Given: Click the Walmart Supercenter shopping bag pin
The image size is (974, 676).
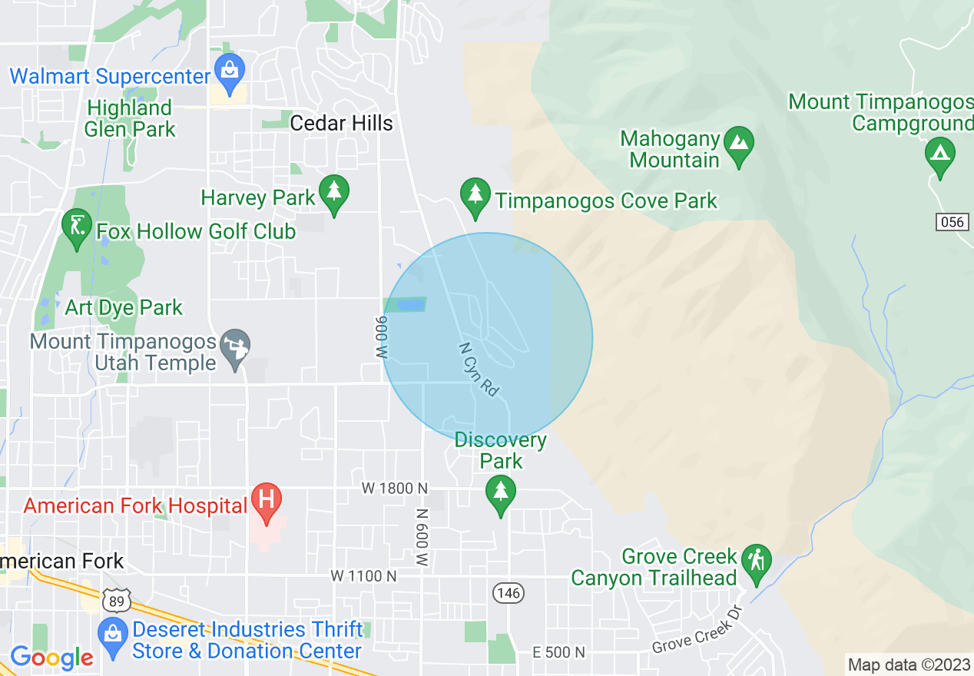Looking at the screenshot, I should coord(229,70).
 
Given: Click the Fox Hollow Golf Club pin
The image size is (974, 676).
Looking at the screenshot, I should coord(76,226).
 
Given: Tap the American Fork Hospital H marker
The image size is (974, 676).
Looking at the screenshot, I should coord(267,500).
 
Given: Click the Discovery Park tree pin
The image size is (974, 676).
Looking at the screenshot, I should coord(501,492).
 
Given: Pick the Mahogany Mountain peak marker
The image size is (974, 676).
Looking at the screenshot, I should coord(738,144).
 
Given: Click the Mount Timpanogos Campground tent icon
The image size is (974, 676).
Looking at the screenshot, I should coord(939,155).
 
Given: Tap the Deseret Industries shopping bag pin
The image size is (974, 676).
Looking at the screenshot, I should coord(113,635).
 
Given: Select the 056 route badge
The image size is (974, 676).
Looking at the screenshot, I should coord(951,222).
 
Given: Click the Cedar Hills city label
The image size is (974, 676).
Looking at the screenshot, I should coord(341,123).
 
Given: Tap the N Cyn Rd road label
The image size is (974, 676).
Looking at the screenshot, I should coord(479,369).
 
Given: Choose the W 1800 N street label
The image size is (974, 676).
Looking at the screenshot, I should coord(395,489).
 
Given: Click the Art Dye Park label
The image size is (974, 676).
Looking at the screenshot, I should coord(124,308).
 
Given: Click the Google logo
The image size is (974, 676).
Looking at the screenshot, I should coord(51,658).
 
